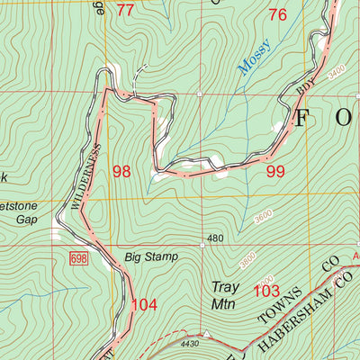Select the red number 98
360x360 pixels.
coord(121,171)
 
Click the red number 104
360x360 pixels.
coord(144,305)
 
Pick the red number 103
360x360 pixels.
coord(266,291)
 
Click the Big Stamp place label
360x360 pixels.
coord(151,257)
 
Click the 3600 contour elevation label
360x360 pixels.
coord(262,216)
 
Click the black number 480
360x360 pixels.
coord(213,238)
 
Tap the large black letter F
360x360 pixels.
coord(305,116)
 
